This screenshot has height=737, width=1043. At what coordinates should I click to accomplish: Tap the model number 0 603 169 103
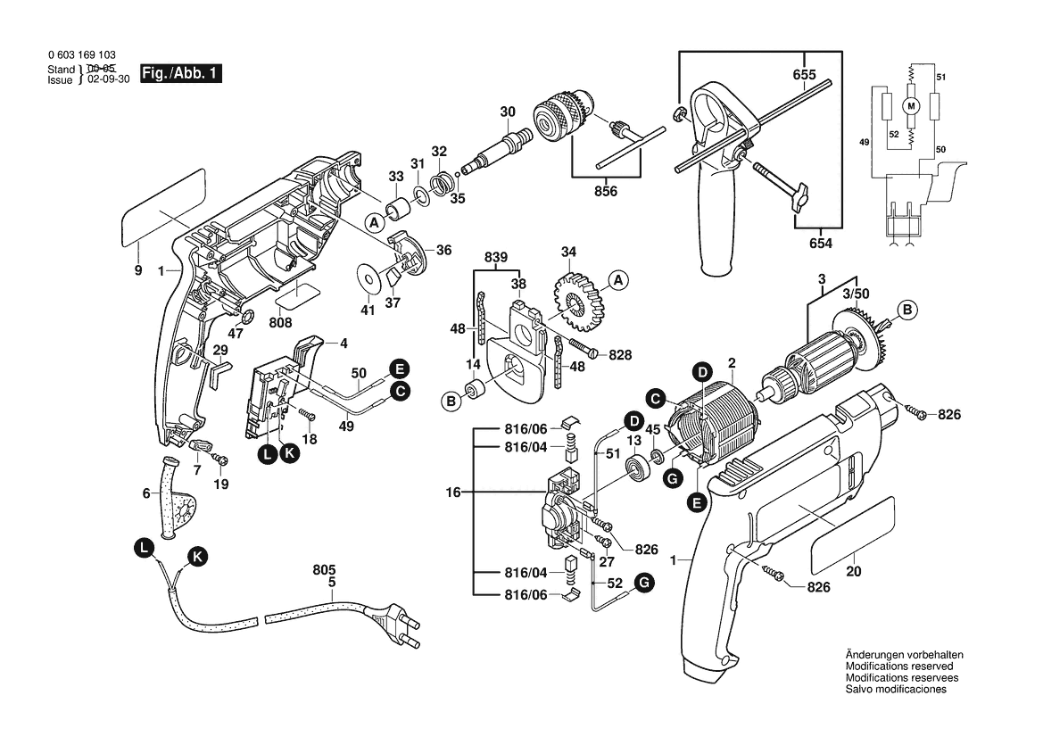tap(81, 55)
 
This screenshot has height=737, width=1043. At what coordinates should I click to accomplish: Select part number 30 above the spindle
tap(508, 112)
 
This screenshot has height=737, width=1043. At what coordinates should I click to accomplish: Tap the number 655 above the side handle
tap(805, 76)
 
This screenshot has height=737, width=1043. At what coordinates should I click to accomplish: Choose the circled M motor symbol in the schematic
tap(911, 105)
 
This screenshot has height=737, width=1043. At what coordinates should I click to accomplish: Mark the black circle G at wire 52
tap(643, 584)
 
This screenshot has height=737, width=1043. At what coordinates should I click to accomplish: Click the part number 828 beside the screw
tap(620, 355)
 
